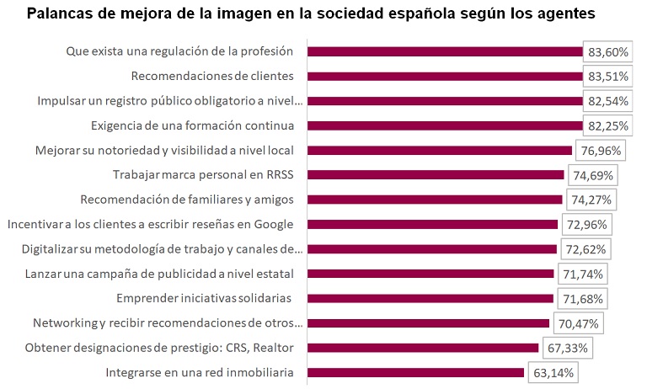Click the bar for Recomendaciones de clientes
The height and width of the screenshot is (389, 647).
point(445,77)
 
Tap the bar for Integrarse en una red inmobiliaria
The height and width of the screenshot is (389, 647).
point(416,372)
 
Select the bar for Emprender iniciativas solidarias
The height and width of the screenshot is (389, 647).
point(430,298)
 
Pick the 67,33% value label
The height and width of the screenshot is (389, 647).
point(566,348)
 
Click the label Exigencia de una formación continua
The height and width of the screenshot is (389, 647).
point(191,125)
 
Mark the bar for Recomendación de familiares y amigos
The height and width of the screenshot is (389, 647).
point(435,200)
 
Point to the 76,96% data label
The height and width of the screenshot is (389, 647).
point(599,151)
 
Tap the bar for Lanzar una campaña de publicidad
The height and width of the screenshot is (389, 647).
point(430,274)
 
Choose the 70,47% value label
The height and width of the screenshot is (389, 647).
point(577,323)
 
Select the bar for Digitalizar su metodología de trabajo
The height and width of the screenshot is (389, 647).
point(432,249)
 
